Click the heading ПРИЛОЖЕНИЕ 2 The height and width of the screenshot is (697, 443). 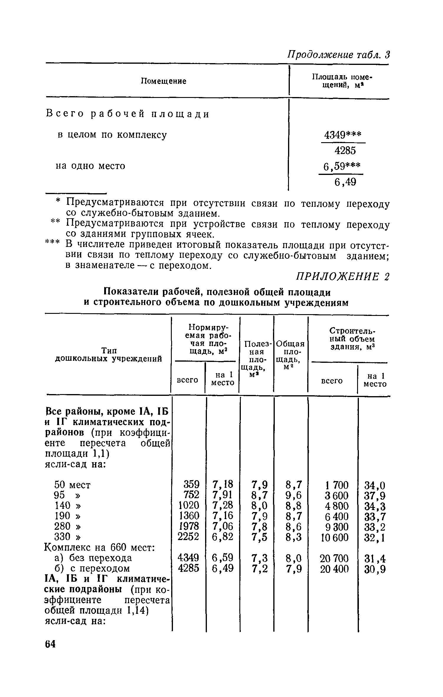(342, 277)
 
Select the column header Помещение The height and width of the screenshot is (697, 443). (163, 81)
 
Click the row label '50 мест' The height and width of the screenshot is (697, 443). (73, 485)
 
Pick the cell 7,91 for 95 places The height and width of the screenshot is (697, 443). (223, 495)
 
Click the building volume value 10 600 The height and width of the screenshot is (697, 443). (334, 537)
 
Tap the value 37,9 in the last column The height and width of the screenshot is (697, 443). (375, 496)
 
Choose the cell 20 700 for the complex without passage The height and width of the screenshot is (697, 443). (334, 558)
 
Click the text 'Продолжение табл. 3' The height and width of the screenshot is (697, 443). (339, 55)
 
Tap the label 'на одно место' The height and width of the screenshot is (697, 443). (90, 166)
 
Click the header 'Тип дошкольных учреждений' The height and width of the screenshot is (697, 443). (109, 355)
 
